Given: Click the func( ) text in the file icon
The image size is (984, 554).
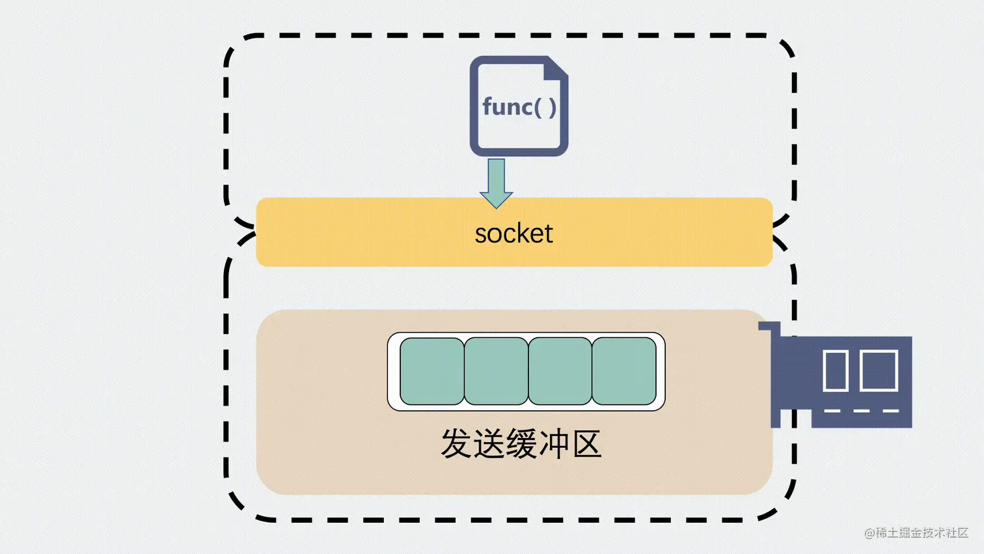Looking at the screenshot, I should pos(519,107).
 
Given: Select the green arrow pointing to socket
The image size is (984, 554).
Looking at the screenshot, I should pos(496,183).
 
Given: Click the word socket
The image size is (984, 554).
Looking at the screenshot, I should pos(513,233).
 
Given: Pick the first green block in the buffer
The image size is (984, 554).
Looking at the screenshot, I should pos(432,371).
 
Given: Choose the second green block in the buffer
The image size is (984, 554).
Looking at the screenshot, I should pos(496,371).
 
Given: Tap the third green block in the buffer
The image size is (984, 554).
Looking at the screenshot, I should pos(560,371).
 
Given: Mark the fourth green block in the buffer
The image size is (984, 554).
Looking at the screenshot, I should pos(623,371).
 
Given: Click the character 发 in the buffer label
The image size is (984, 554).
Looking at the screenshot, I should pos(456,444).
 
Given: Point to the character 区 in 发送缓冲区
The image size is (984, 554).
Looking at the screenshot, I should pos(586,444).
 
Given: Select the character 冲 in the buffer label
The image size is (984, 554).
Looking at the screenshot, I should pos(554,444).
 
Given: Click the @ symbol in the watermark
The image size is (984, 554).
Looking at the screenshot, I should pos(869,533).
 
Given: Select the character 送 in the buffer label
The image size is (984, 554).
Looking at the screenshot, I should pos(489,444).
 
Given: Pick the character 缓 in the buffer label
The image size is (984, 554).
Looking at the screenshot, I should pos(521,444).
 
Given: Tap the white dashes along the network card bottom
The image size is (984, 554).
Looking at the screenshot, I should pos(861,411).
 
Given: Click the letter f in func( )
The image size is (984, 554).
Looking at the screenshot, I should pos(487,106).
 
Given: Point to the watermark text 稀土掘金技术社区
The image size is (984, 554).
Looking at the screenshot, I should pos(922,533).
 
